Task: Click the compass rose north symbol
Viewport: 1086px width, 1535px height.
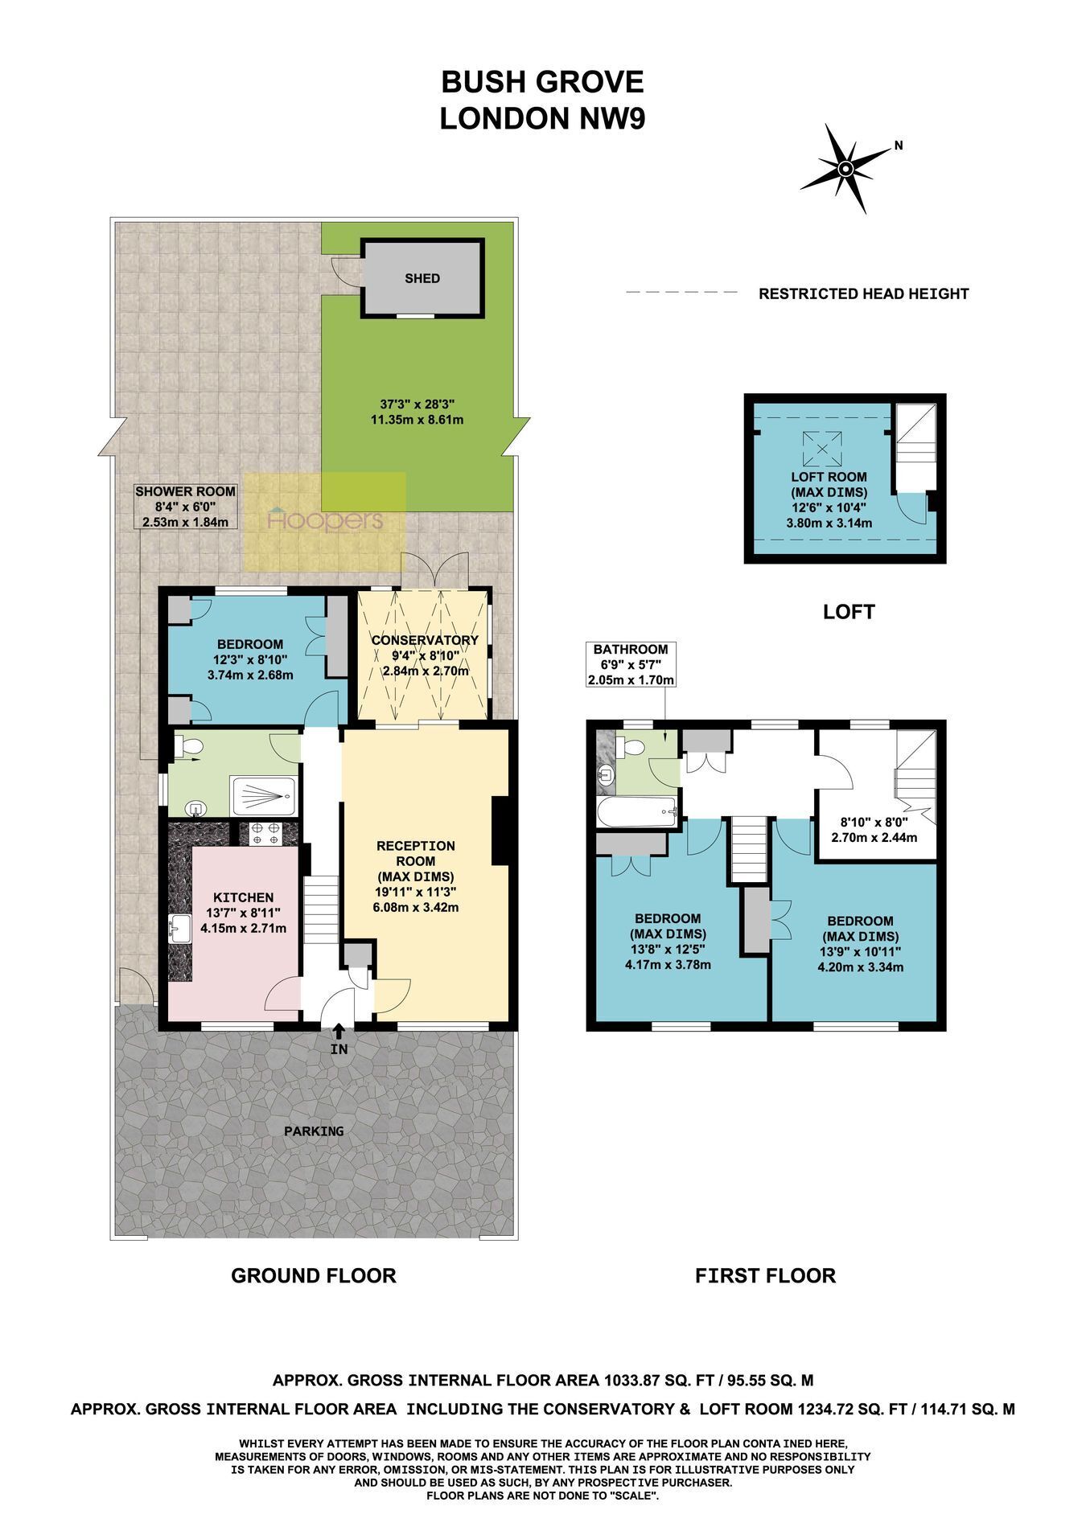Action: point(845,168)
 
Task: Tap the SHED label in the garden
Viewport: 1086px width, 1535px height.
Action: point(422,278)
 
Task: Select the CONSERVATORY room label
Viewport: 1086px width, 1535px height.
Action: point(425,640)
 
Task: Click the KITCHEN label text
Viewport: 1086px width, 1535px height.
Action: point(243,897)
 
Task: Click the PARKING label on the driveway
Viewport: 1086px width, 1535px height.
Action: point(314,1131)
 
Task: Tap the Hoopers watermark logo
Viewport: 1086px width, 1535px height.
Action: point(325,520)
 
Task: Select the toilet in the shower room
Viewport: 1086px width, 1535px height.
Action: point(188,748)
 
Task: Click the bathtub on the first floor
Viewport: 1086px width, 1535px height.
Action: point(637,812)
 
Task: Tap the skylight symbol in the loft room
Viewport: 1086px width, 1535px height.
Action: point(821,448)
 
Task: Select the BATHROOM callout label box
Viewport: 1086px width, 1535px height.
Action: point(631,664)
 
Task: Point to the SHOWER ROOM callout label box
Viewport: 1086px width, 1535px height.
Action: point(185,507)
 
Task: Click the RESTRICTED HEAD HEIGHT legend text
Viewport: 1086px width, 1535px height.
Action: point(864,293)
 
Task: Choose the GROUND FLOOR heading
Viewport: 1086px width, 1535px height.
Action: point(314,1275)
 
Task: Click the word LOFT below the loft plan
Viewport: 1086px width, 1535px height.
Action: point(849,612)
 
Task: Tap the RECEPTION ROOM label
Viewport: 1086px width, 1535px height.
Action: point(416,853)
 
